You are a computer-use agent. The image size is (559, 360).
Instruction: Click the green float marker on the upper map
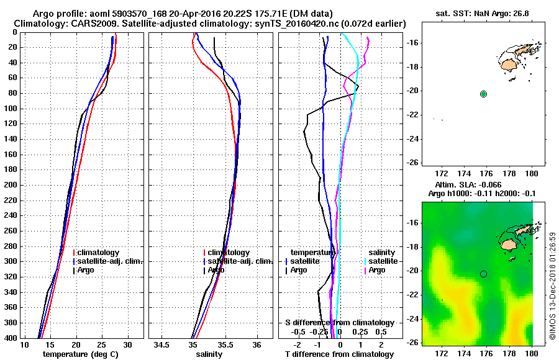pos(483,94)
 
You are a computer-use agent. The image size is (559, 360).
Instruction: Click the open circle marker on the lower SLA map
pos(483,274)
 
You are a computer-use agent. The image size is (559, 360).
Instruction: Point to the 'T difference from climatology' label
pos(339,354)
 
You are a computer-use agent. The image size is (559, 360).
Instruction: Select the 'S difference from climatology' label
pos(339,323)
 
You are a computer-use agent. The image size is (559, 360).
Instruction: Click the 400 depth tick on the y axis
pos(11,338)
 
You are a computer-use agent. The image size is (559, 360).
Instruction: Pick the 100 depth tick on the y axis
pos(11,109)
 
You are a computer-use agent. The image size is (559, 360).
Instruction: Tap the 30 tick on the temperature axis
pos(128,344)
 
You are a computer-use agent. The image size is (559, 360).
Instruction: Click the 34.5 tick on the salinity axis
pos(163,344)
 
